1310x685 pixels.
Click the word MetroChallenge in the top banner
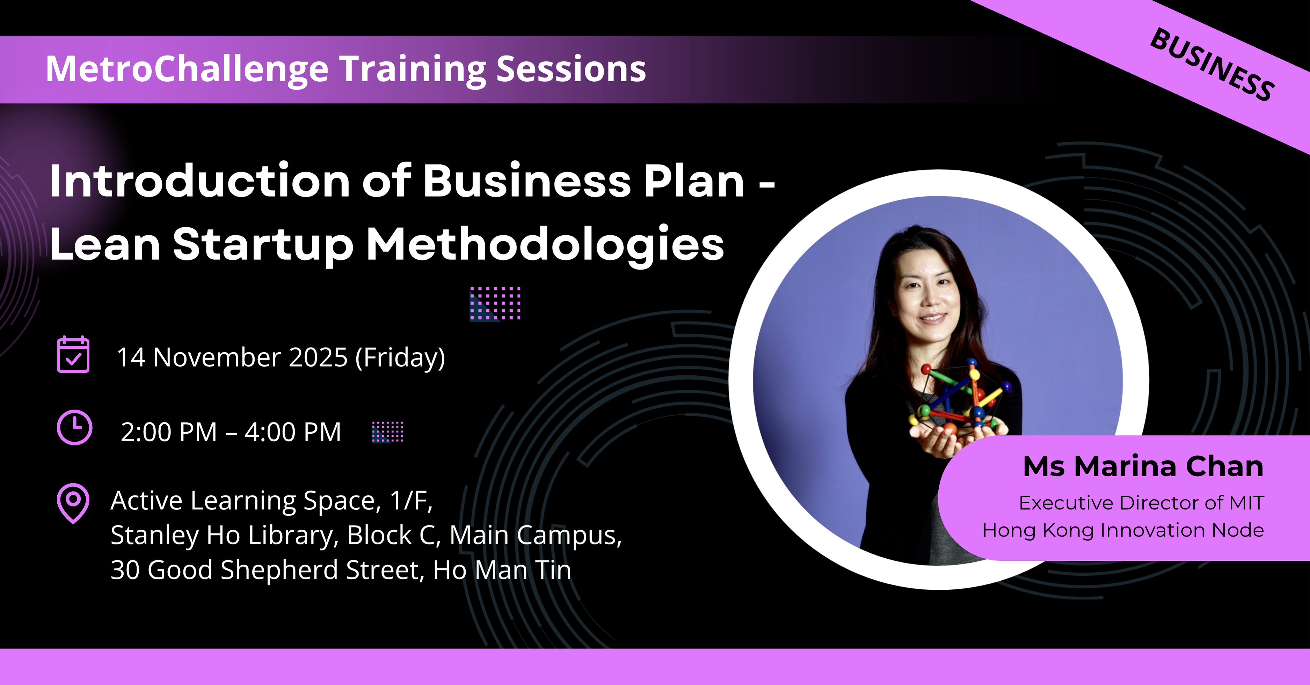click(x=188, y=69)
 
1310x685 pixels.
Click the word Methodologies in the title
click(x=545, y=245)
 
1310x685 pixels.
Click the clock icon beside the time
click(x=74, y=428)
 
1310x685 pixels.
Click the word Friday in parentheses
click(x=400, y=358)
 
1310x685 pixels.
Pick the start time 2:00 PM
click(x=169, y=433)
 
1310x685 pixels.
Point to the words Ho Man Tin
click(x=502, y=570)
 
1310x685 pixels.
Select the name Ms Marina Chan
click(x=1143, y=466)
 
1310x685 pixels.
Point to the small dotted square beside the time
click(x=387, y=432)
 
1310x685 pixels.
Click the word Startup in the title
click(x=263, y=246)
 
